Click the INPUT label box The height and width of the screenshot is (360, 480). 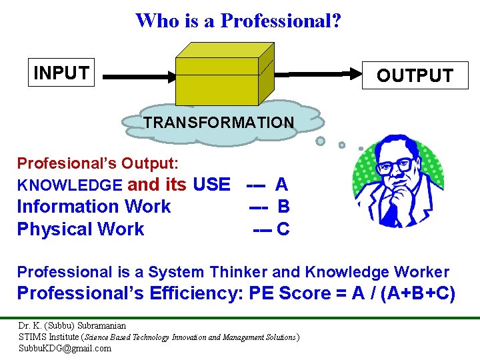click(61, 73)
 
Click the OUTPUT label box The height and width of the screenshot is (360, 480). click(414, 75)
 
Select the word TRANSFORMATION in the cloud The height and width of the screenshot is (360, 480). click(219, 123)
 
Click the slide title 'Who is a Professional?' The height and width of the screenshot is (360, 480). click(238, 21)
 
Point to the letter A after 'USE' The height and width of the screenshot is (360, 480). click(281, 184)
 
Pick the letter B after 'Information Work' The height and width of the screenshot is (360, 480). click(283, 207)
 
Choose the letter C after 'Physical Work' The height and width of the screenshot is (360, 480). click(283, 229)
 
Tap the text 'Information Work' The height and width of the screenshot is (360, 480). click(94, 207)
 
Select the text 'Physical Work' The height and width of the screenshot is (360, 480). click(81, 229)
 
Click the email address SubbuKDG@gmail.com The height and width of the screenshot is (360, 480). click(65, 348)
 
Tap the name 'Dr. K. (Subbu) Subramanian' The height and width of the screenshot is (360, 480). click(72, 326)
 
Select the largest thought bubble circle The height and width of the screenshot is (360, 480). click(321, 141)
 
